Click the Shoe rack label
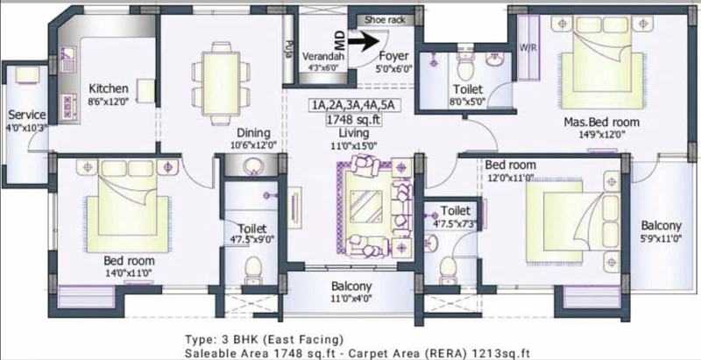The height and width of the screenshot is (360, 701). (385, 19)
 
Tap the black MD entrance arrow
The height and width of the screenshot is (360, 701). (364, 40)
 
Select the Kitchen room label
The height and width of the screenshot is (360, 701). (109, 88)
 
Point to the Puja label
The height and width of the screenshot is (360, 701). (287, 49)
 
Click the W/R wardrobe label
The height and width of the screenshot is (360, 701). (528, 46)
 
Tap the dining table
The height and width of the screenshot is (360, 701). (221, 84)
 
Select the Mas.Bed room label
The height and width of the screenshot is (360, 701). (601, 122)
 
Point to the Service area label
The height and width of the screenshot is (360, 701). (27, 115)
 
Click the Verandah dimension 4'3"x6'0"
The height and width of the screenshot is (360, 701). (323, 68)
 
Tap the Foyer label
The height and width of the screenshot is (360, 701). (393, 56)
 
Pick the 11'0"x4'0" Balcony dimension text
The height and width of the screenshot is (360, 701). (351, 298)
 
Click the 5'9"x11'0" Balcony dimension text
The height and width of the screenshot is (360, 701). (661, 238)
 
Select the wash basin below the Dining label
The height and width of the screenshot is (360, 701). (253, 166)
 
